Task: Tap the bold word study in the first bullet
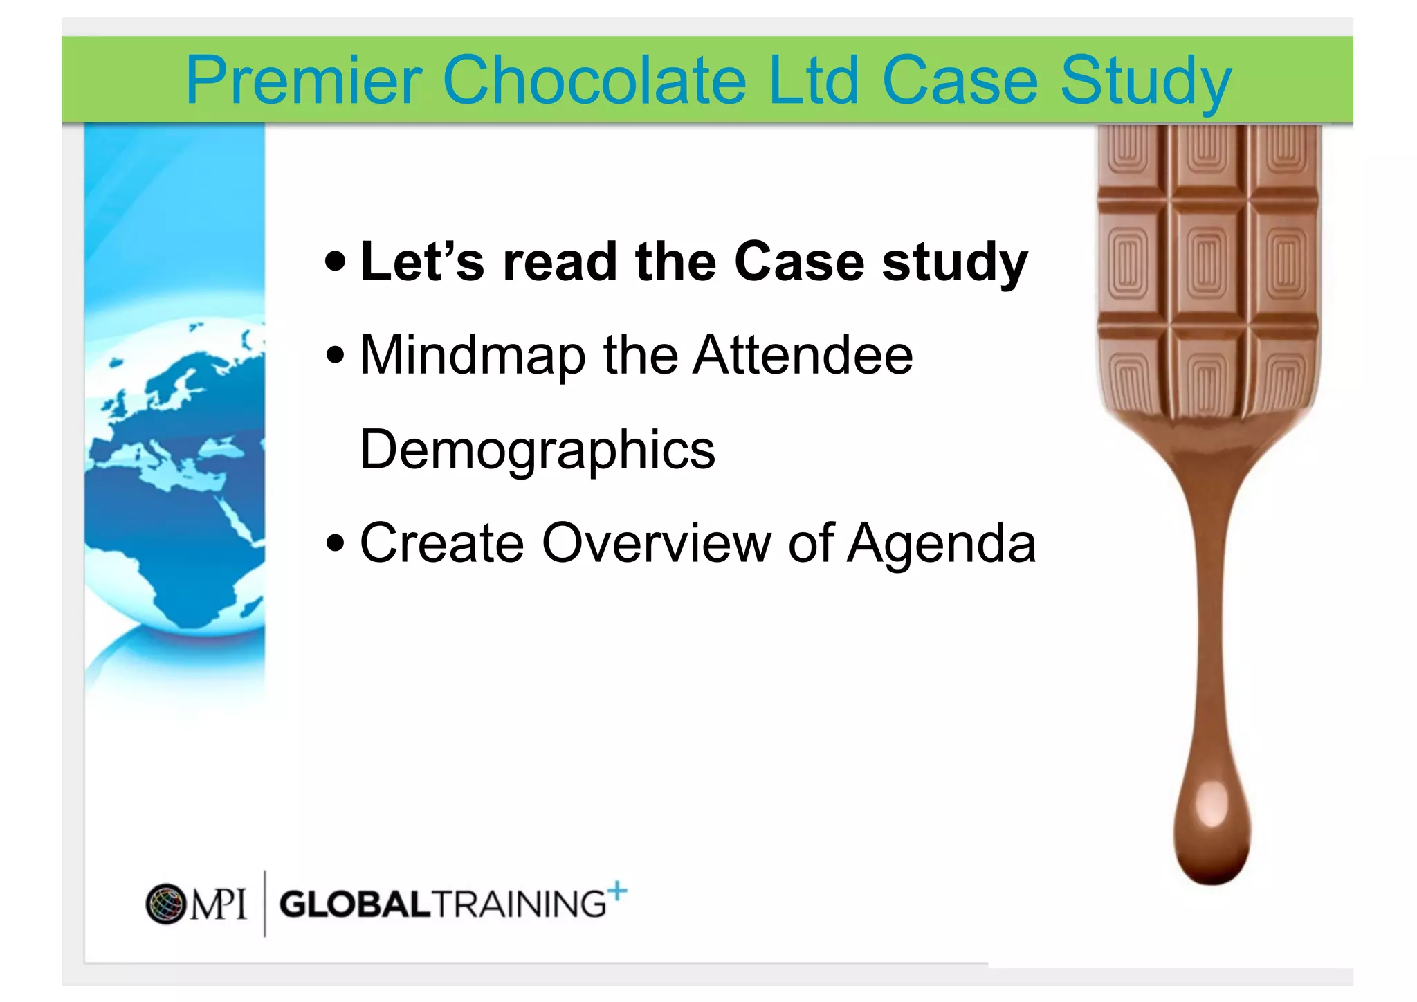pos(955,263)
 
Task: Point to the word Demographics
pos(538,450)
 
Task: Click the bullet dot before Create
pos(336,543)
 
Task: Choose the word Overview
pos(656,543)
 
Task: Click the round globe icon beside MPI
pos(166,904)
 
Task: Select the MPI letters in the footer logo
pos(218,904)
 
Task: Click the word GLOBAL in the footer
pos(355,905)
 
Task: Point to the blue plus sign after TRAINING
pos(617,891)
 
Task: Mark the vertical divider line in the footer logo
pos(265,904)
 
